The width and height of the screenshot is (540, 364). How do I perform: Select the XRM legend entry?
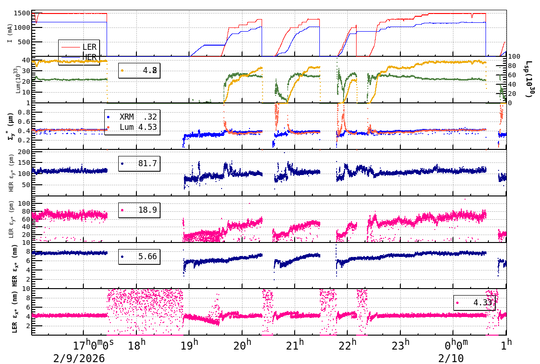coord(124,117)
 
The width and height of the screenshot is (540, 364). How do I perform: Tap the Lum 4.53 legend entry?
coord(124,127)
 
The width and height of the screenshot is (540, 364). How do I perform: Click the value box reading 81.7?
coord(139,163)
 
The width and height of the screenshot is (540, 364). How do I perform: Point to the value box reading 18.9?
coord(139,210)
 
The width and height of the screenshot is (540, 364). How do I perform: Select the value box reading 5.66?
coord(139,256)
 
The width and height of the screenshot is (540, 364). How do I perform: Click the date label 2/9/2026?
coord(79,358)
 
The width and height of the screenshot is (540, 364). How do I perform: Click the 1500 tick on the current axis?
coord(21,13)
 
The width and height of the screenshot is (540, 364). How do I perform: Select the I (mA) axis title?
coord(10,33)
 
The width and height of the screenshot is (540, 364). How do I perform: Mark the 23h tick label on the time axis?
coord(400,345)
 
